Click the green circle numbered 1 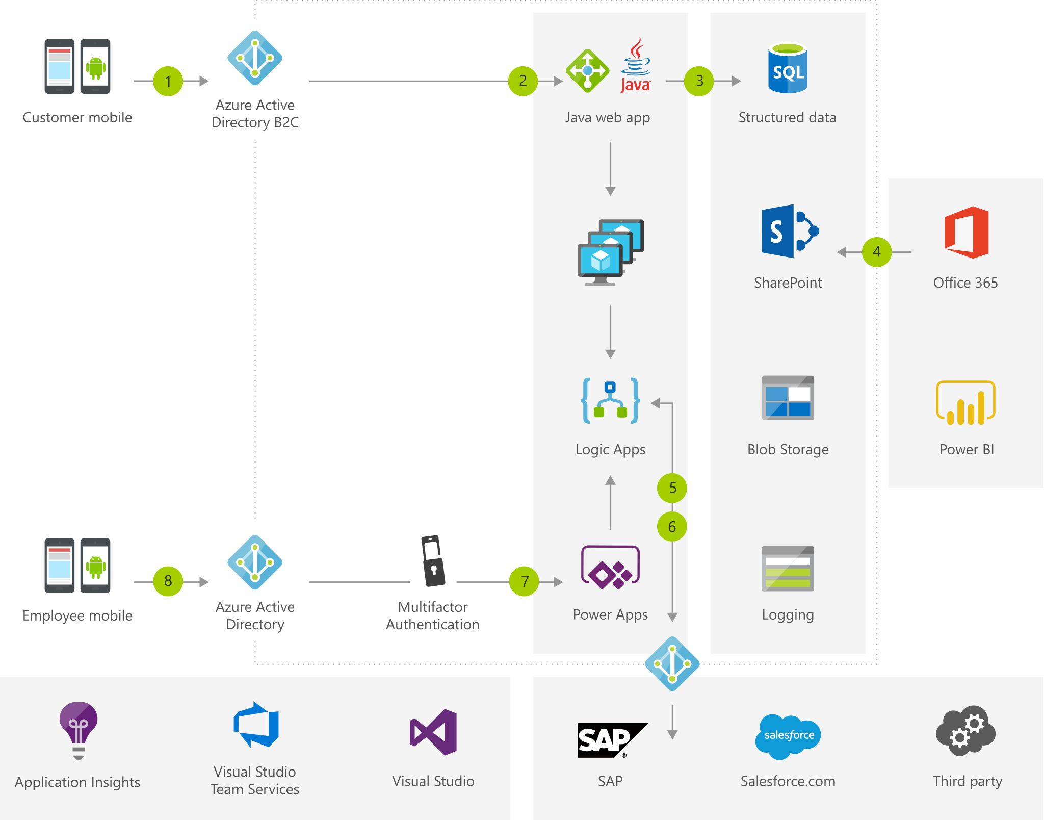point(168,81)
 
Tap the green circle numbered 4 point(876,251)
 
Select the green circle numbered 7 point(524,581)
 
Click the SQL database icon point(788,68)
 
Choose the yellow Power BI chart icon point(965,403)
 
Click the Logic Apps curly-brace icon point(610,401)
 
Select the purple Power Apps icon point(610,567)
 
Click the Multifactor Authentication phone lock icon point(433,561)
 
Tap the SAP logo point(610,739)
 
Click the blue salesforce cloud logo point(788,736)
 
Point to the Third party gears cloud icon point(965,731)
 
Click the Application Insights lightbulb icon point(78,729)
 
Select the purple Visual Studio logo point(434,732)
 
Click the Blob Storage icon point(788,398)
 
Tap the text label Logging point(788,615)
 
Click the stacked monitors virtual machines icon point(610,252)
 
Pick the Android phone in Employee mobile point(95,566)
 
